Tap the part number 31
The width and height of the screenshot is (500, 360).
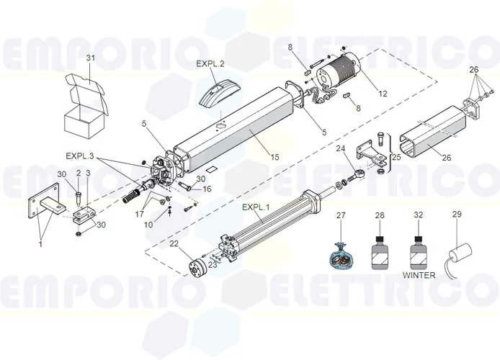click(90, 58)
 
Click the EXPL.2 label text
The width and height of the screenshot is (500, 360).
click(210, 63)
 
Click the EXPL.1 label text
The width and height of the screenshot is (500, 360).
click(256, 207)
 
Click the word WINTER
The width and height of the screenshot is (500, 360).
click(419, 274)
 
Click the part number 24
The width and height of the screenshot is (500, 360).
click(341, 149)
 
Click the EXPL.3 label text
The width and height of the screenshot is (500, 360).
click(81, 156)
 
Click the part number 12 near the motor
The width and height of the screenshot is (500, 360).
click(382, 93)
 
